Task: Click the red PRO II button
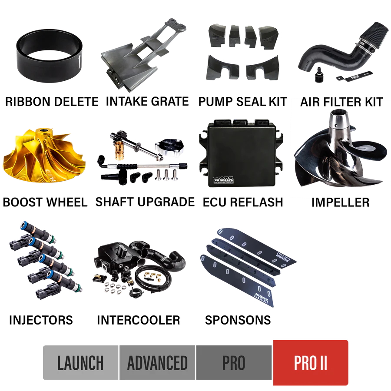pyautogui.click(x=310, y=362)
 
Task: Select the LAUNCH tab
pyautogui.click(x=80, y=363)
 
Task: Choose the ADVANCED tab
pyautogui.click(x=157, y=363)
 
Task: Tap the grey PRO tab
pyautogui.click(x=234, y=363)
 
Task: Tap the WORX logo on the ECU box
pyautogui.click(x=223, y=180)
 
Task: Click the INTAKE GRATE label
pyautogui.click(x=147, y=102)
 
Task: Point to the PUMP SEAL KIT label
pyautogui.click(x=242, y=102)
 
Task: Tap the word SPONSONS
pyautogui.click(x=238, y=320)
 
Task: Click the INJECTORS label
pyautogui.click(x=41, y=320)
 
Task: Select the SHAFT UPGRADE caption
pyautogui.click(x=145, y=202)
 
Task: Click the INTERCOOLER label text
pyautogui.click(x=139, y=320)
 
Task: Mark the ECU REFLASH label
pyautogui.click(x=243, y=202)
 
